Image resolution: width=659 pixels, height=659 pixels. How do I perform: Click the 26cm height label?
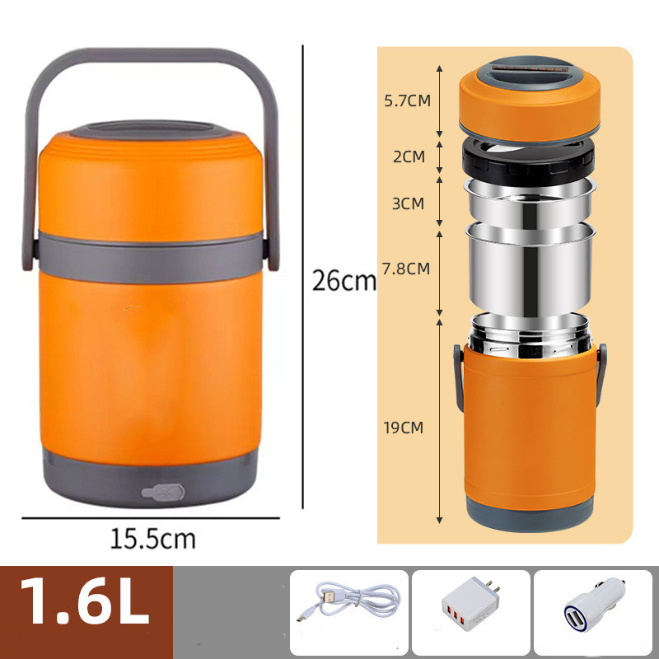tap(344, 281)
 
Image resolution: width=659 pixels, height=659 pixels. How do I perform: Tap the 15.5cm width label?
tap(153, 539)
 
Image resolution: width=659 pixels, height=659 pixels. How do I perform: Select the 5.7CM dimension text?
tap(407, 100)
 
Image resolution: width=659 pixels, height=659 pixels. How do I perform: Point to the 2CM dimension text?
tap(409, 157)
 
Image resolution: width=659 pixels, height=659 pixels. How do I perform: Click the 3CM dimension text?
tap(408, 203)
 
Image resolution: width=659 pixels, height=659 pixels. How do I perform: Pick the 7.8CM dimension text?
tap(406, 269)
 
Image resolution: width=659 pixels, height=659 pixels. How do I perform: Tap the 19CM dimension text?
tap(404, 428)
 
